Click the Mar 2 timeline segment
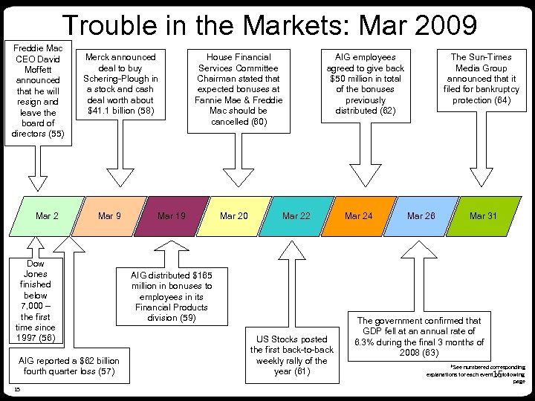47,216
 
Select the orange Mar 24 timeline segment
359,216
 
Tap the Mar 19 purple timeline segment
172,216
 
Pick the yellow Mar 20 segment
234,216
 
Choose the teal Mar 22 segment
296,216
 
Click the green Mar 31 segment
483,216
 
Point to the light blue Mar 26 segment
421,216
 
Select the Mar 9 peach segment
109,216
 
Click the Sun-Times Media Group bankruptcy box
481,79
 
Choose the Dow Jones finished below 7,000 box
35,301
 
